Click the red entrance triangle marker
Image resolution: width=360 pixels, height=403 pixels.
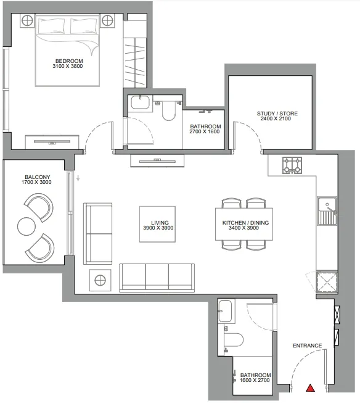coord(311,388)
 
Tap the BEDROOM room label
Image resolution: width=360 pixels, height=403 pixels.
coord(69,61)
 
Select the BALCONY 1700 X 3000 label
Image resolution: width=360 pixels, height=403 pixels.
coord(37,180)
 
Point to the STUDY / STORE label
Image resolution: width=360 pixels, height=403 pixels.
coord(277,114)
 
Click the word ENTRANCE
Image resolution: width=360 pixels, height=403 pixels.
coord(307,346)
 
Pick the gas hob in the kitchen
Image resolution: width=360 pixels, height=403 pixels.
coord(292,165)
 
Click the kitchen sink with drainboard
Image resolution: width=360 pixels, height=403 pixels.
coord(327,211)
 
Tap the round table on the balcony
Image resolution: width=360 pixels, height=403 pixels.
coord(27,226)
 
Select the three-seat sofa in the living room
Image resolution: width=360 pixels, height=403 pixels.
coord(157,278)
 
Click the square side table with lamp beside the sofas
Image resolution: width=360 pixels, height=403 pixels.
coord(100,280)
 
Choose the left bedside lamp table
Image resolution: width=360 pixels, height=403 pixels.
coord(27,20)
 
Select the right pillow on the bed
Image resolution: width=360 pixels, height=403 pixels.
coord(84,26)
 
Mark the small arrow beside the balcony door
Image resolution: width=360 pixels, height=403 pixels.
coord(78,178)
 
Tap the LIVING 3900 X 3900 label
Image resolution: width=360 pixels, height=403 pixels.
coord(158,225)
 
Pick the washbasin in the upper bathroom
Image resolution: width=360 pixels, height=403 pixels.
coord(140,102)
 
